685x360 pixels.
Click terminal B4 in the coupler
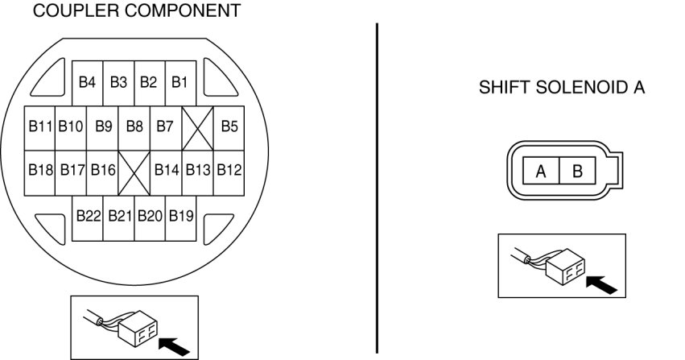88,82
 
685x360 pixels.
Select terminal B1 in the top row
180,82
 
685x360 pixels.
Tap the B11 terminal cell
40,126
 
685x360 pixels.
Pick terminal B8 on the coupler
134,126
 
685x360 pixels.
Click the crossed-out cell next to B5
197,127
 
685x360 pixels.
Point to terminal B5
229,126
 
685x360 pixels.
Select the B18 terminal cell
40,171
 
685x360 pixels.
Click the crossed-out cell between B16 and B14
134,172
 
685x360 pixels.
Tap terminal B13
198,171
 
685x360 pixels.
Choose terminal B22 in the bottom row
88,217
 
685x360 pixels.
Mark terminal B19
181,217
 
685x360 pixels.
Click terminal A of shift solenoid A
541,172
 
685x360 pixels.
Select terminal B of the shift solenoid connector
576,172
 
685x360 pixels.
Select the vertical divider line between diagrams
377,185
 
